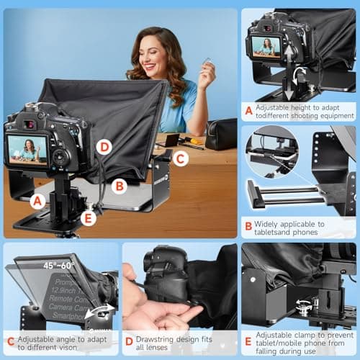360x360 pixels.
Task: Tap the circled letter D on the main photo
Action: tap(104, 146)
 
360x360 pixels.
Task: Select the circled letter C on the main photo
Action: tap(181, 158)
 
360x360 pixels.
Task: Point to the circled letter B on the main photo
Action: tap(120, 185)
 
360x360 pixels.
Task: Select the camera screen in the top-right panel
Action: tap(266, 48)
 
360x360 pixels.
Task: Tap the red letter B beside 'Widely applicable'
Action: tap(248, 224)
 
